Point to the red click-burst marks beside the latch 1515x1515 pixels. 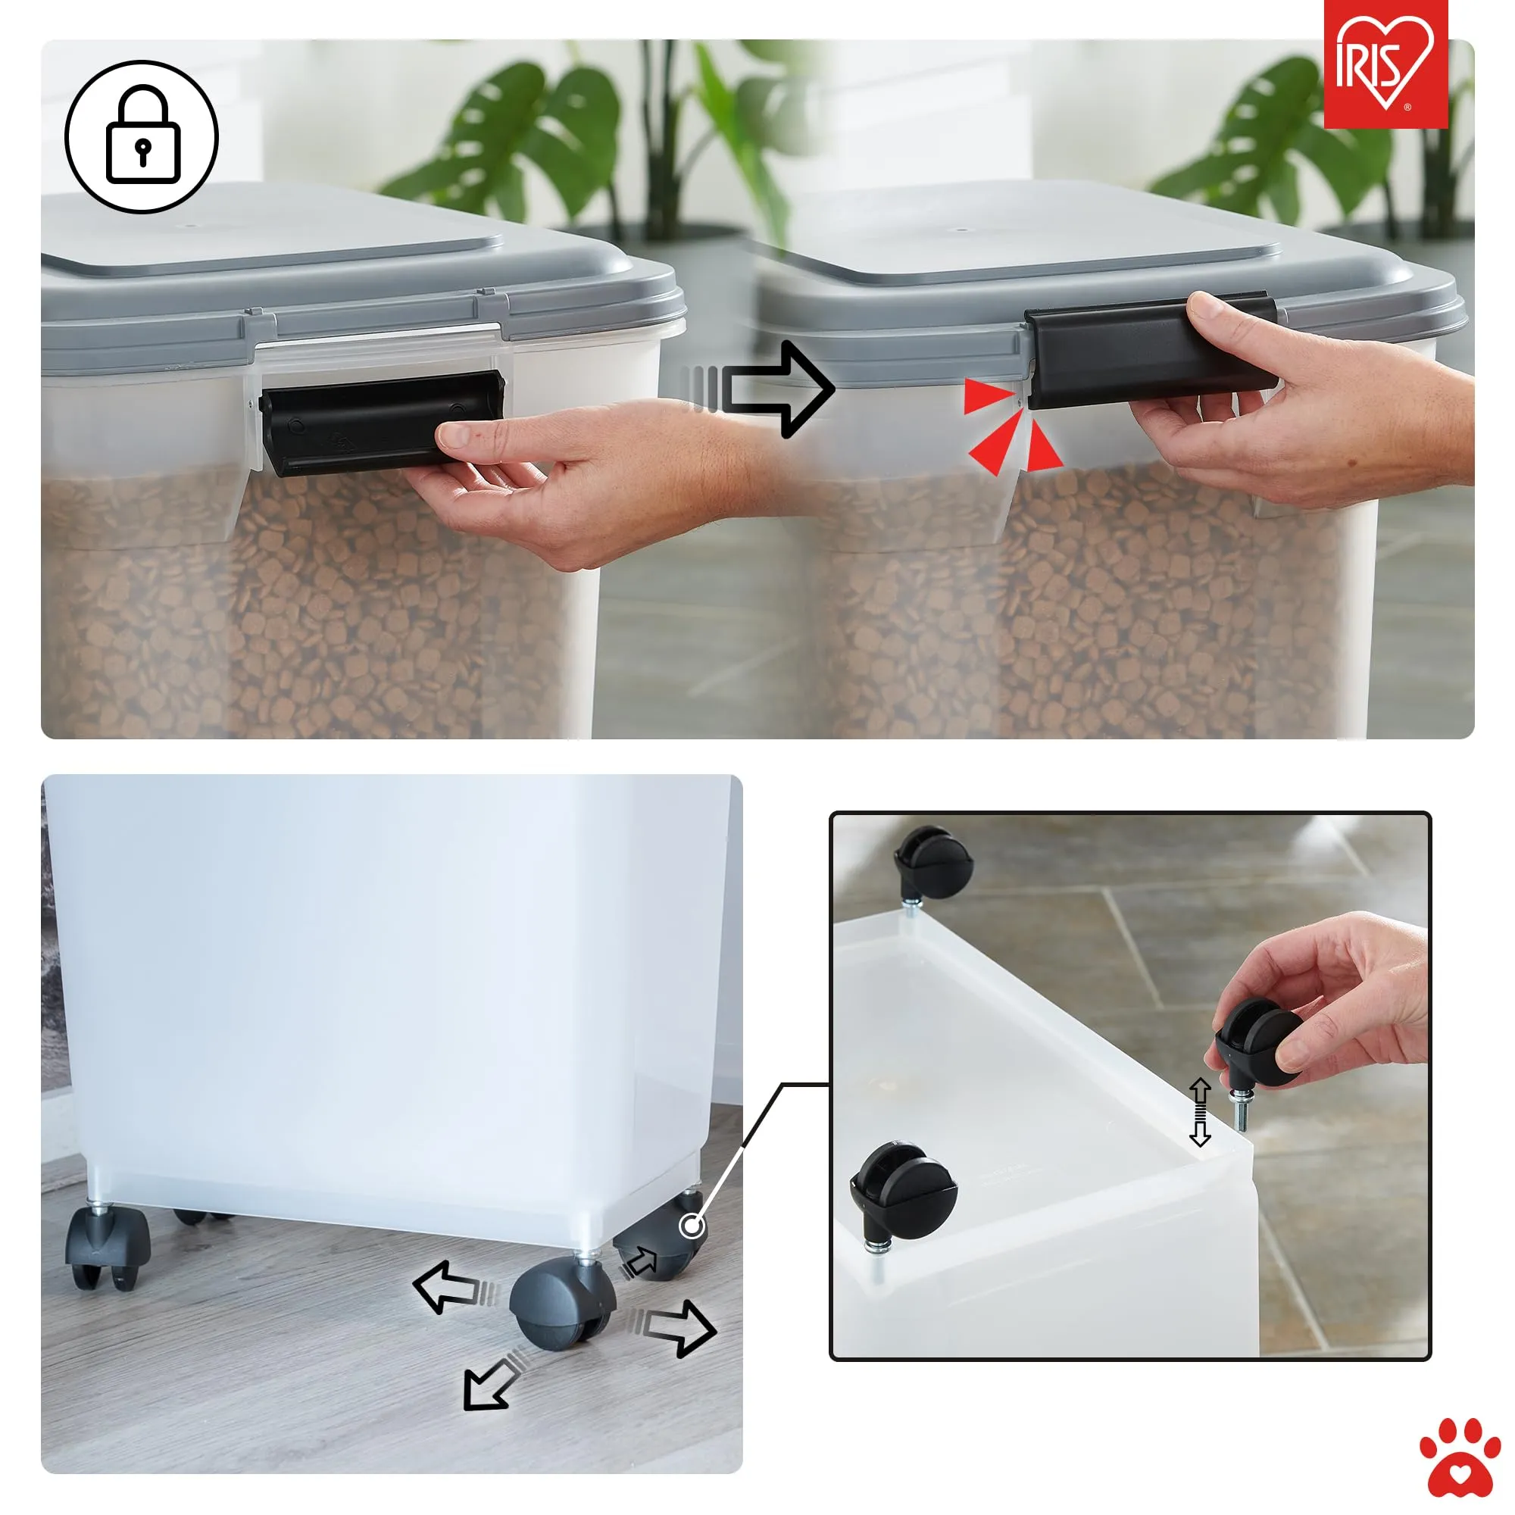pos(1011,426)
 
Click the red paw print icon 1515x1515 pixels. pos(1460,1456)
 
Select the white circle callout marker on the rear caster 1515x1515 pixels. pos(692,1225)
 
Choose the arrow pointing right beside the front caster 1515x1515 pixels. pos(673,1328)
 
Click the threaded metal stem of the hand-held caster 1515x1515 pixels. pos(1240,1108)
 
